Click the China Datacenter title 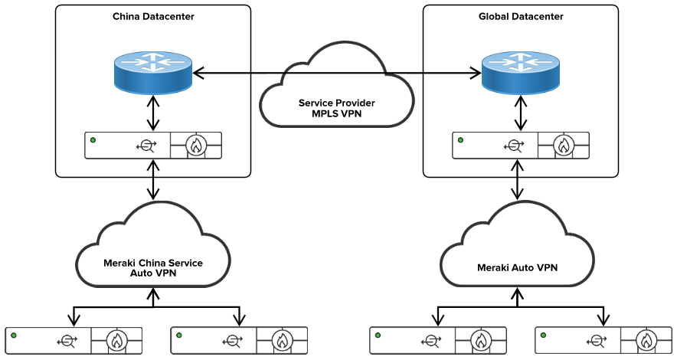click(153, 16)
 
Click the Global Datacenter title click(522, 16)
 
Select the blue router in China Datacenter click(154, 74)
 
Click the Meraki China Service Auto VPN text click(153, 267)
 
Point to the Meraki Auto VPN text click(518, 267)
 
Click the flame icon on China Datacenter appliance click(197, 146)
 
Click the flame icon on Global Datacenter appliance click(564, 146)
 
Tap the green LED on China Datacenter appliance click(93, 140)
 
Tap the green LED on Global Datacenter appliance click(461, 140)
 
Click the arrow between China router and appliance click(154, 113)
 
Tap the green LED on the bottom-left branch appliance click(14, 335)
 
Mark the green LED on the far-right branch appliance click(543, 335)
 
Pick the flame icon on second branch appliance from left click(282, 341)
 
